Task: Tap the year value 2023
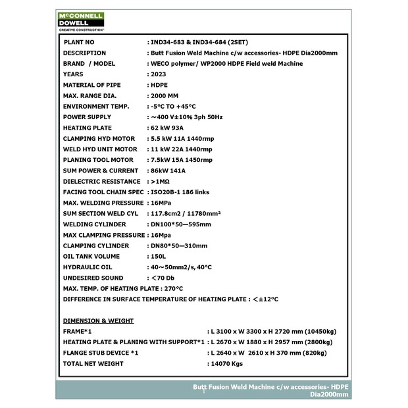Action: pos(158,74)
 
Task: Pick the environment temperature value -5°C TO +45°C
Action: pos(174,107)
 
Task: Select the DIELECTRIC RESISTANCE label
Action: pos(102,182)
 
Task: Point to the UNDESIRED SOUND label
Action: pos(93,278)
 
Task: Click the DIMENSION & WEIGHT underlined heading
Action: pos(98,321)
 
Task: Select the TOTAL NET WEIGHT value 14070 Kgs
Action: pos(227,363)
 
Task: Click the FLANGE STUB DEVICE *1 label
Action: pos(101,353)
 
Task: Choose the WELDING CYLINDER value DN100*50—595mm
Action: pos(181,224)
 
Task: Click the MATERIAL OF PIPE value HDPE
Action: pos(159,85)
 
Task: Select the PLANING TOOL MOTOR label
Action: pos(99,160)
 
